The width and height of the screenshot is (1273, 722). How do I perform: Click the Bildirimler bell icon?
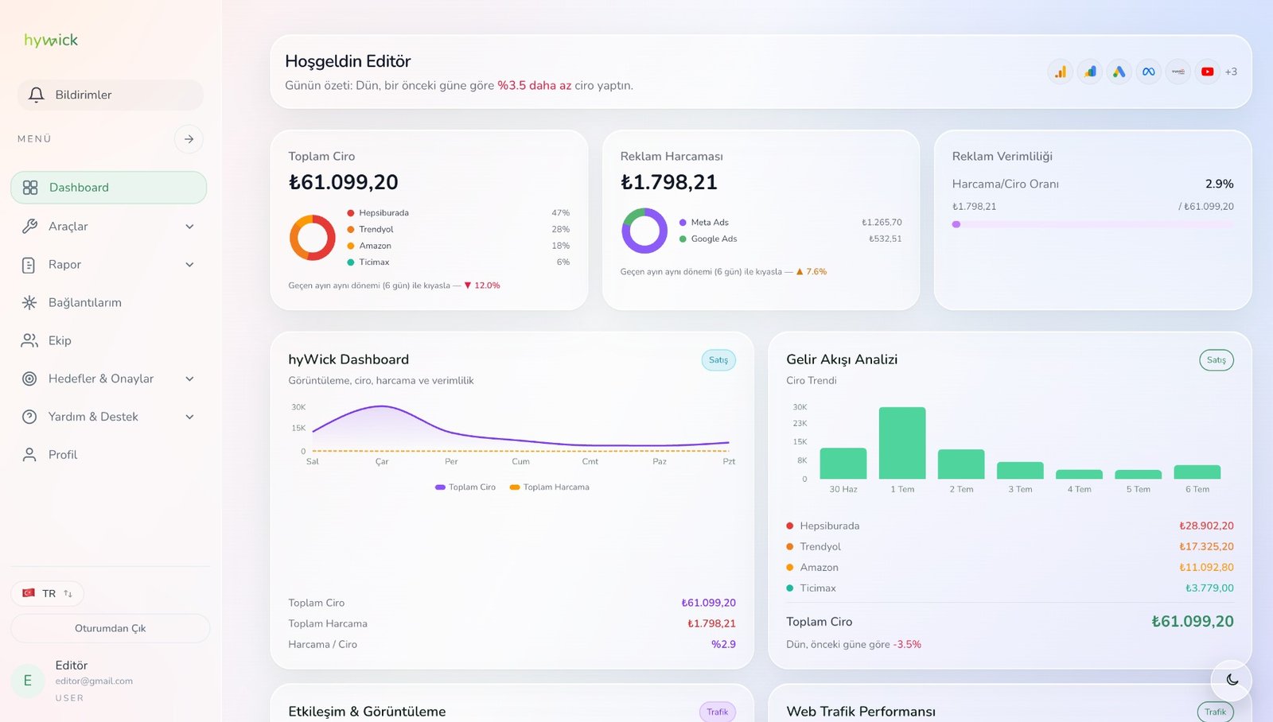37,95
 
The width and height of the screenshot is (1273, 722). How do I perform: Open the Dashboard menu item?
108,188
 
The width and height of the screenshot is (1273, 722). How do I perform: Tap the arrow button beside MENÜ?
189,139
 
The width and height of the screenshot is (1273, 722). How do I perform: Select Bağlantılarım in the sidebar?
84,302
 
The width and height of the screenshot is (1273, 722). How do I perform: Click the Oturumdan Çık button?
111,628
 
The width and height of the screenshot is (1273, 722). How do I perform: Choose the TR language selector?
47,594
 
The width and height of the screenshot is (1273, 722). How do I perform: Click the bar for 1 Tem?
902,443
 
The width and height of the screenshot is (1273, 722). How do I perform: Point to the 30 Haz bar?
843,464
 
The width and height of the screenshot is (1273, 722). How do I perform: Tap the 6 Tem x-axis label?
1197,489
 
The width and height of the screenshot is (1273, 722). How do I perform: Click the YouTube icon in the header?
1207,72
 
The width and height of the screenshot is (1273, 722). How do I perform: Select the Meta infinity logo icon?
1149,72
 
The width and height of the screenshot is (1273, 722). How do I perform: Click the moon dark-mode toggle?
1232,680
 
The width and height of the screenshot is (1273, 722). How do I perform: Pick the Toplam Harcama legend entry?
550,487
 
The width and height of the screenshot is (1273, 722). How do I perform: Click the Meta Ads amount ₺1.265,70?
882,222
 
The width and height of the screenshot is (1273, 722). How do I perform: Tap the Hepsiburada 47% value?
560,212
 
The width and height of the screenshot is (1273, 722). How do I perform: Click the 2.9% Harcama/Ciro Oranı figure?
1219,184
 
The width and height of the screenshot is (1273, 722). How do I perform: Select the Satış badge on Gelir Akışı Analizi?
1217,360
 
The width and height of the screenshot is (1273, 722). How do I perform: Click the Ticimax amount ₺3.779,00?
1209,588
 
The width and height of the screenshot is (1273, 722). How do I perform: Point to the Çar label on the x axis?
382,461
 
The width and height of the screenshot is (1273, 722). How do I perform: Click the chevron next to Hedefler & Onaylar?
190,379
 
